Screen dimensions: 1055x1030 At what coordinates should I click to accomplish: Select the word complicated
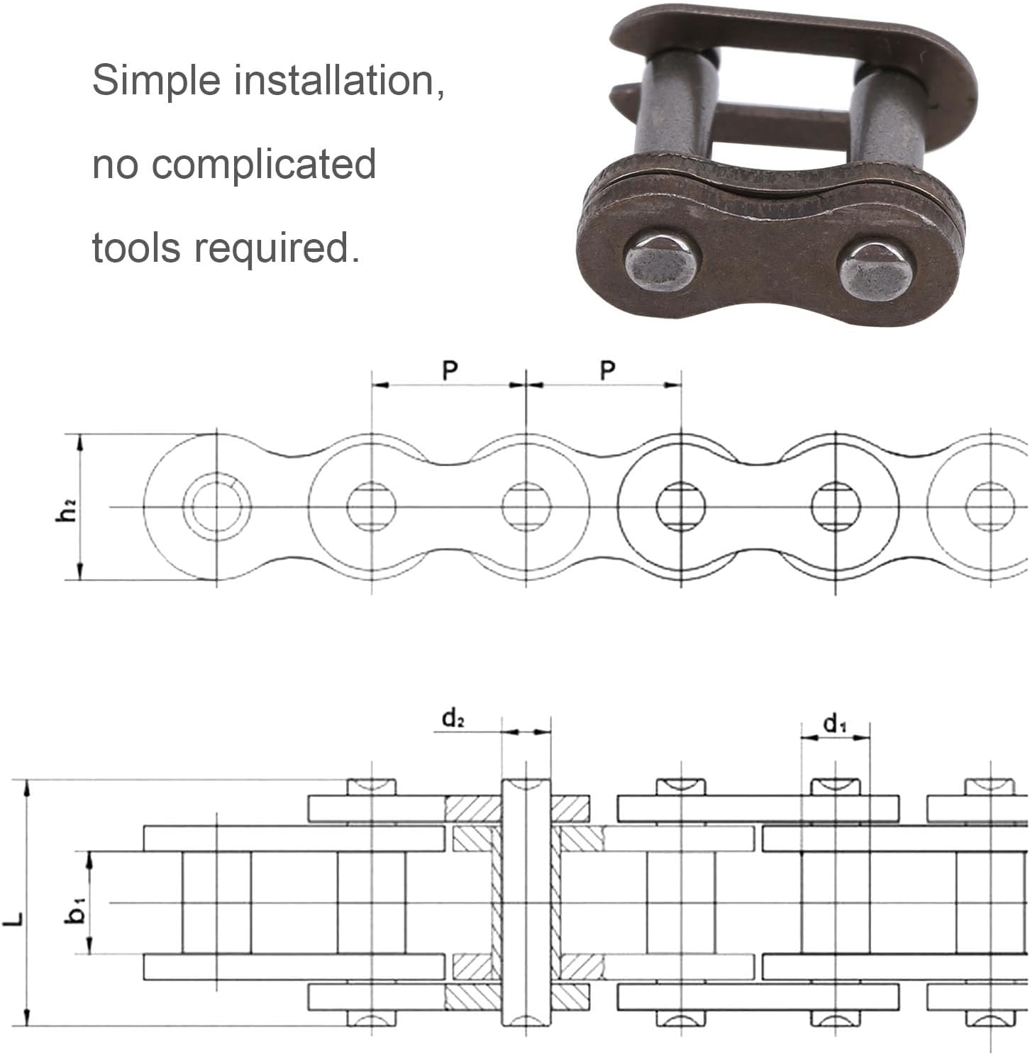264,165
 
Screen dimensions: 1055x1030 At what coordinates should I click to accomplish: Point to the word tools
136,248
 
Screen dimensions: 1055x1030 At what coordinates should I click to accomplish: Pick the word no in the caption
115,165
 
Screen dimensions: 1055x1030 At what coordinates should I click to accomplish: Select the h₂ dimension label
66,509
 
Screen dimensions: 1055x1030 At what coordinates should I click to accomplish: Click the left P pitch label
450,370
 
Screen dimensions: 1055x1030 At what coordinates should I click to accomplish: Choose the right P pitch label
607,370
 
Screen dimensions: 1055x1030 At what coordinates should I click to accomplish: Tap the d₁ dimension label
834,724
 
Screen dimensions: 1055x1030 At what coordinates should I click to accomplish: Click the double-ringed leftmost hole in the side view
216,506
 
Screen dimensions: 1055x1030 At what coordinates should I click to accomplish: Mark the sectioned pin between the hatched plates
526,902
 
